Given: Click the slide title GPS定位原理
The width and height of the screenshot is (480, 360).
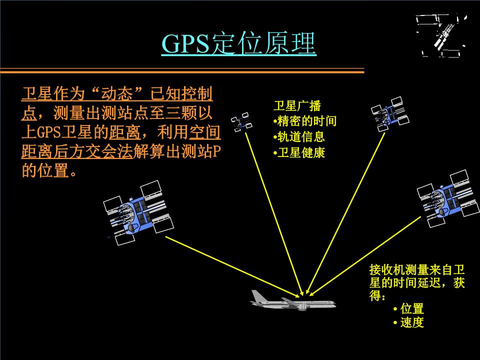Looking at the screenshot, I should [x=239, y=44].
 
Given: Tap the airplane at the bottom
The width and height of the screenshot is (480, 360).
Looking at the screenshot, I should [x=292, y=301].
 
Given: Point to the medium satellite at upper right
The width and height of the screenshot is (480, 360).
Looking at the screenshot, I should [x=390, y=114].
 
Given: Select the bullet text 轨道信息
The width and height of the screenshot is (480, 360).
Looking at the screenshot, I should [x=300, y=137].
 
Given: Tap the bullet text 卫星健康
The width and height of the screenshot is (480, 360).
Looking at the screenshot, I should [x=300, y=152].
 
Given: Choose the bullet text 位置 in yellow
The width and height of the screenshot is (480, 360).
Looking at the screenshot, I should [x=411, y=308].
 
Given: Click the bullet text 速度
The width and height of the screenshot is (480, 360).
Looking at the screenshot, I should [x=411, y=323].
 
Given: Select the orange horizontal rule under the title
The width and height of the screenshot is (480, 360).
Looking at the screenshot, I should [x=182, y=72].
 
